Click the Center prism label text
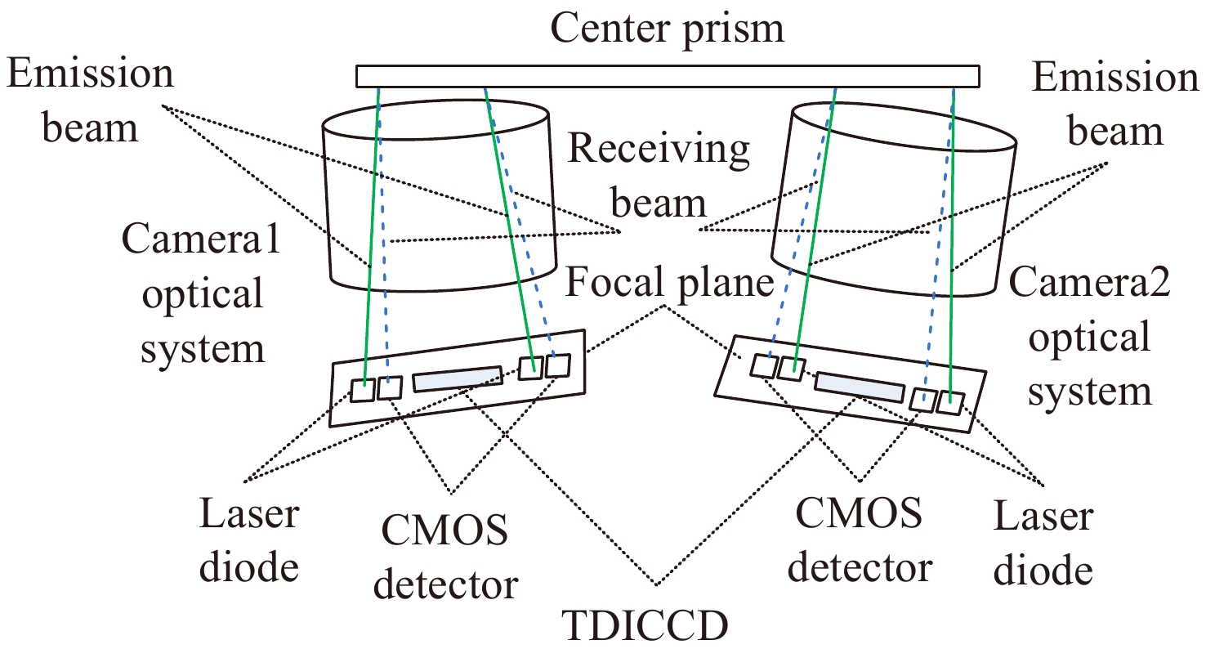(667, 28)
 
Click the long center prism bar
(667, 76)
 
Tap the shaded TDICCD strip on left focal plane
(458, 378)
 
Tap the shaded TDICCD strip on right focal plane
(859, 386)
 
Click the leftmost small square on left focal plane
(363, 391)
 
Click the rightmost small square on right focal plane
(950, 403)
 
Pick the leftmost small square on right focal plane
(765, 365)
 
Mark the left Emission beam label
(90, 101)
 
